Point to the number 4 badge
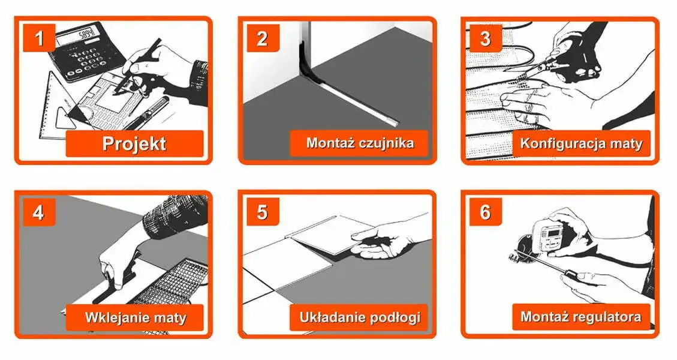tap(40, 212)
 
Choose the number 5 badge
tap(262, 212)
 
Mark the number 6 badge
tap(485, 212)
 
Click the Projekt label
tap(134, 144)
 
